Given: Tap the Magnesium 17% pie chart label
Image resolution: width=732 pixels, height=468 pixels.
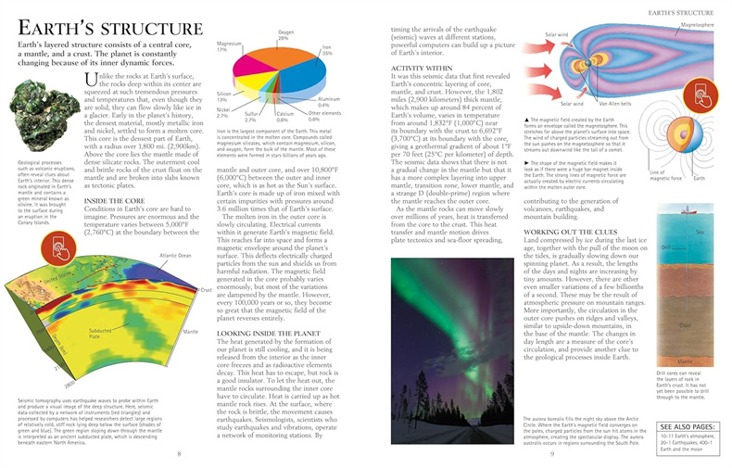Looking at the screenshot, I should (x=229, y=46).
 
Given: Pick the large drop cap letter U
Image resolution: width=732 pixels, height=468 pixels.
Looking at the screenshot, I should (x=91, y=83).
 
